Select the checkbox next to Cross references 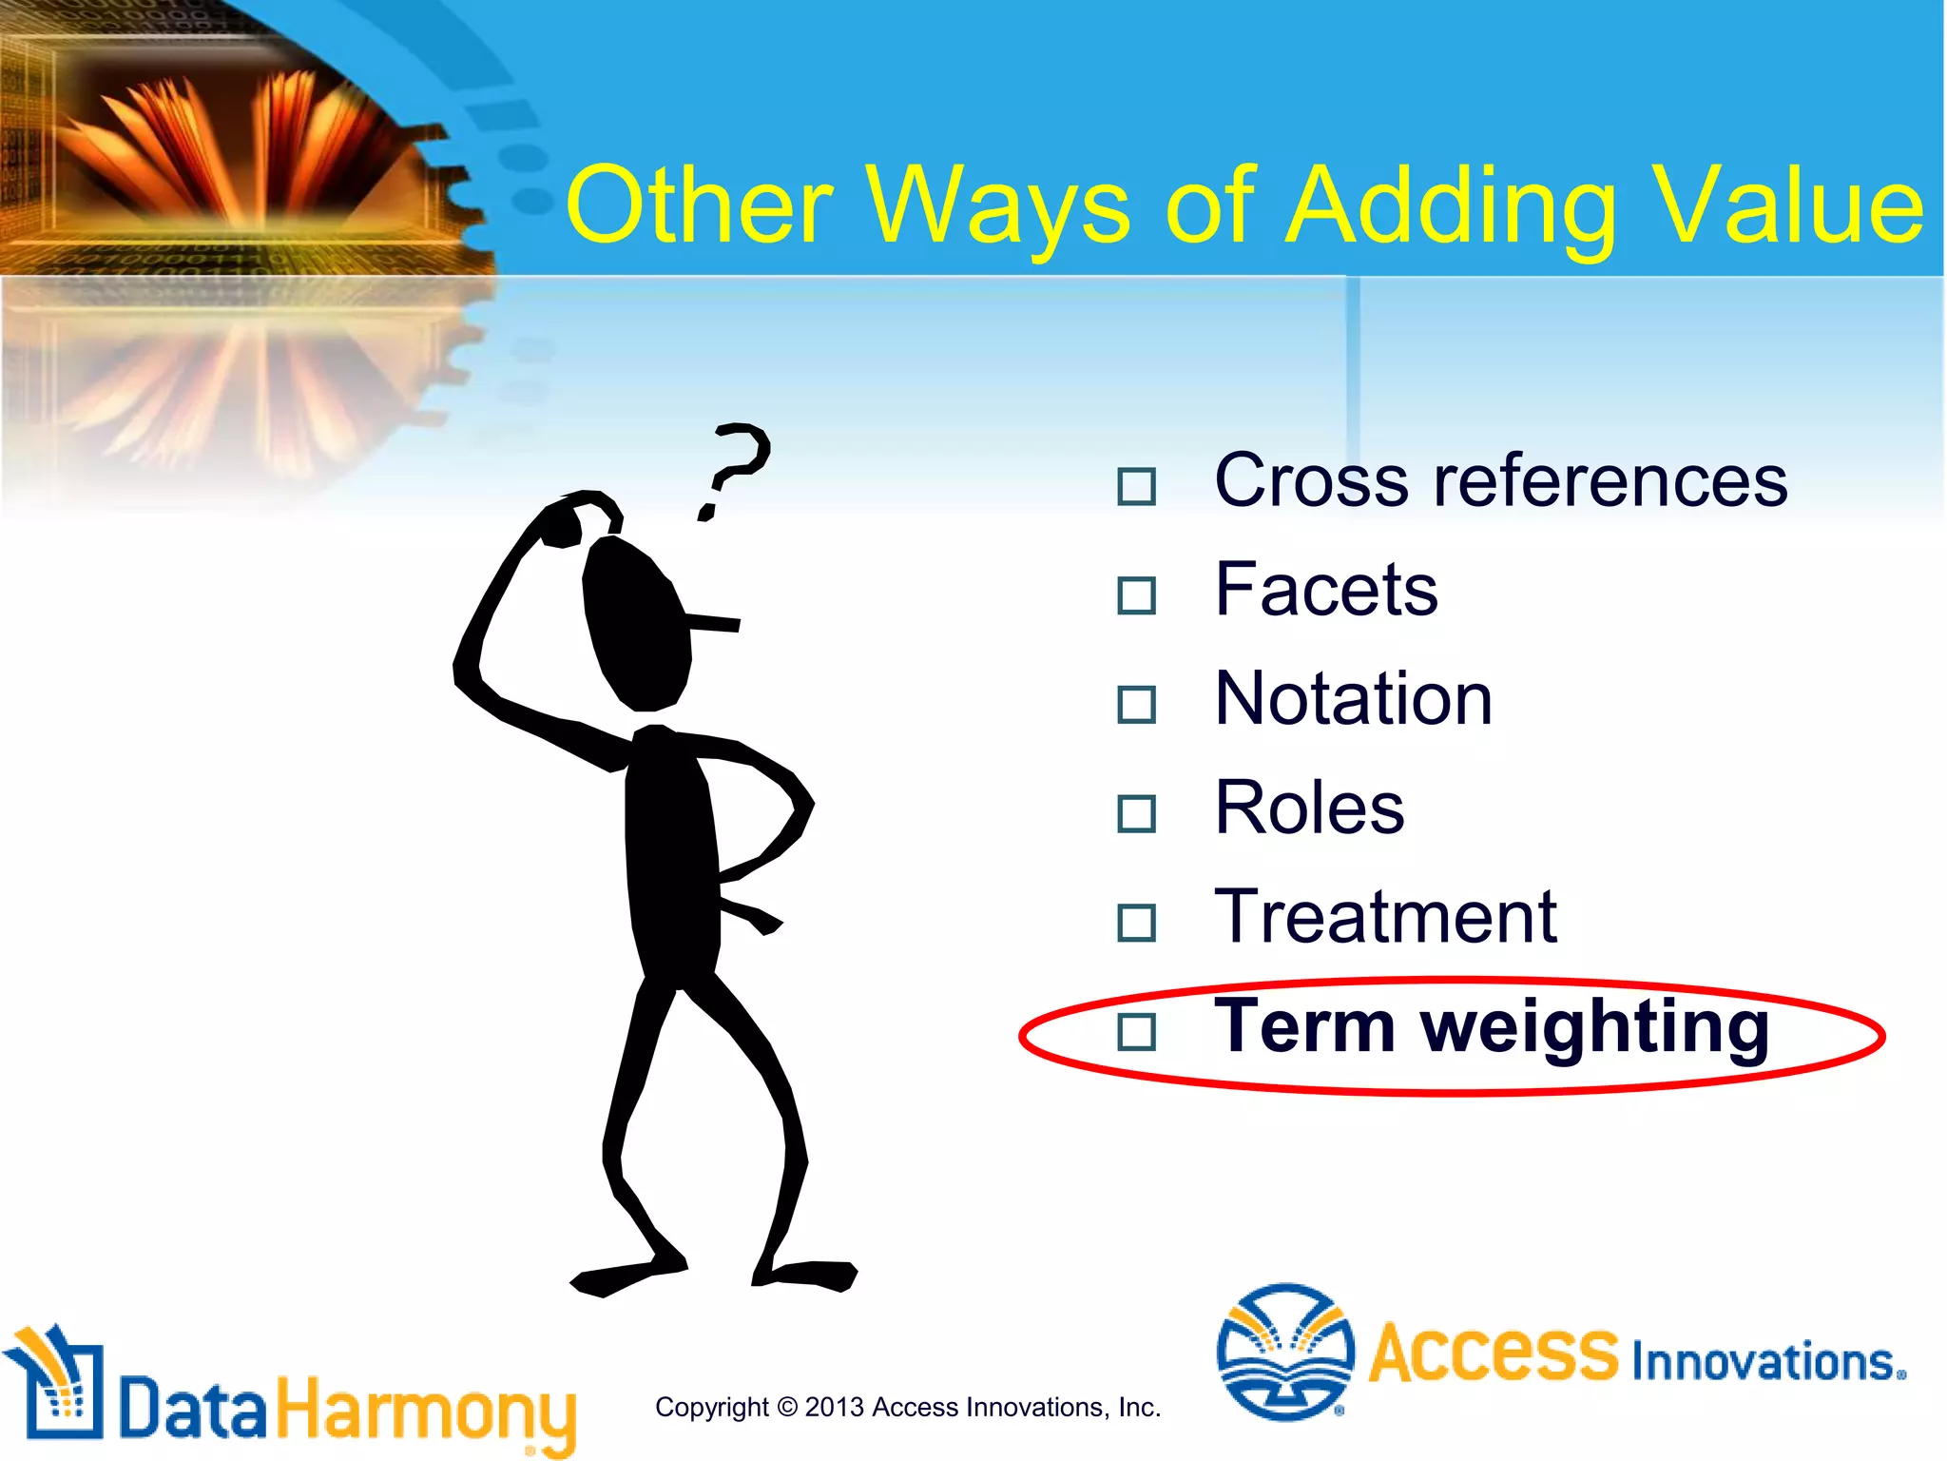coord(1136,486)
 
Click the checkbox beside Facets coord(1136,595)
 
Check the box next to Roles coord(1136,813)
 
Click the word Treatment coord(1385,917)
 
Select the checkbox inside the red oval coord(1136,1031)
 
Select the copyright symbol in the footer coord(786,1407)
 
